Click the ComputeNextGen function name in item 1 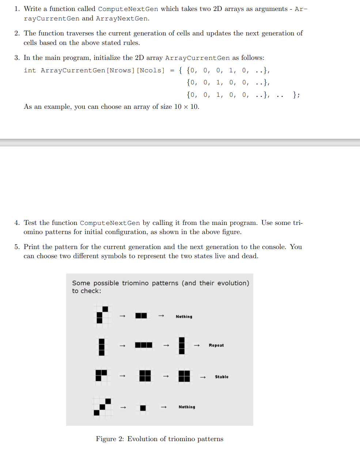click(128, 9)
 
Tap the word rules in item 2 click(131, 43)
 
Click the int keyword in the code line click(30, 70)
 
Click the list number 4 click(17, 223)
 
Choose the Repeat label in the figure click(216, 345)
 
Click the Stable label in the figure click(221, 377)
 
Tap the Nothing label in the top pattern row click(184, 317)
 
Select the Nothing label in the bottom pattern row click(187, 407)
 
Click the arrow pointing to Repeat click(197, 345)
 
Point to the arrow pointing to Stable click(203, 377)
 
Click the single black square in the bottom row click(143, 408)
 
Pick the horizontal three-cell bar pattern click(144, 345)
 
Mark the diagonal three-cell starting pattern click(102, 407)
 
